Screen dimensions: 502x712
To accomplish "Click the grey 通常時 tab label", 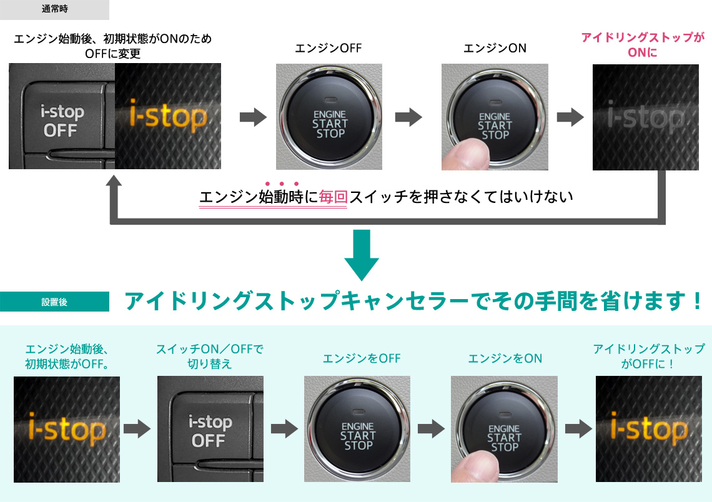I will coord(54,9).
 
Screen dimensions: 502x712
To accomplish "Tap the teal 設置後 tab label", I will coord(54,302).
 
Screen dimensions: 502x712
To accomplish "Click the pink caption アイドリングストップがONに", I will coord(643,45).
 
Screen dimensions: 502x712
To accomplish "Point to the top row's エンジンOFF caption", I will coord(329,48).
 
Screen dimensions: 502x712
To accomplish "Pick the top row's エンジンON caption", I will coord(495,48).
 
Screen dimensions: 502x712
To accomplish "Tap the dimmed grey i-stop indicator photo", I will coord(645,117).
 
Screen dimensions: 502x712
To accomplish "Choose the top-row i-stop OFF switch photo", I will coord(61,117).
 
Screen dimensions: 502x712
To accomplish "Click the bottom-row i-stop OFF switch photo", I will coord(210,428).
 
